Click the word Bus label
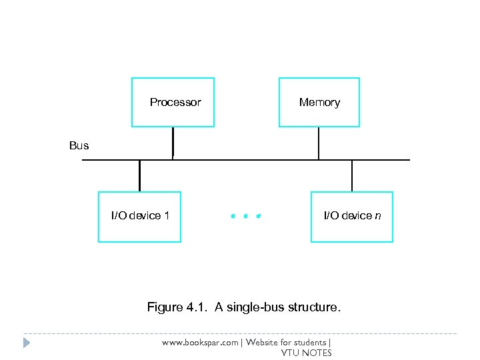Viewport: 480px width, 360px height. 79,145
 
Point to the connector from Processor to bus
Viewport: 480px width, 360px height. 173,143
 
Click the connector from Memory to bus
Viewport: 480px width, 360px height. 319,143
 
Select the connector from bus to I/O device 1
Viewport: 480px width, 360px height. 139,176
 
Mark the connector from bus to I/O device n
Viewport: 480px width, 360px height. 352,176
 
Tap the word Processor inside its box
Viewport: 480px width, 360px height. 175,103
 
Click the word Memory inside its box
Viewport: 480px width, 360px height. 319,103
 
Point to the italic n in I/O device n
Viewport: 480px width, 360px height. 378,216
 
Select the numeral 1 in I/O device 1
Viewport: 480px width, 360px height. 167,215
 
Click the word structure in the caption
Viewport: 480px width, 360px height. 315,307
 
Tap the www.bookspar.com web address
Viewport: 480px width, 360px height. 201,343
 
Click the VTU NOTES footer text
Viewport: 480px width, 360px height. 306,353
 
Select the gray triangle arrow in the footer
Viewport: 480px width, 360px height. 27,343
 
